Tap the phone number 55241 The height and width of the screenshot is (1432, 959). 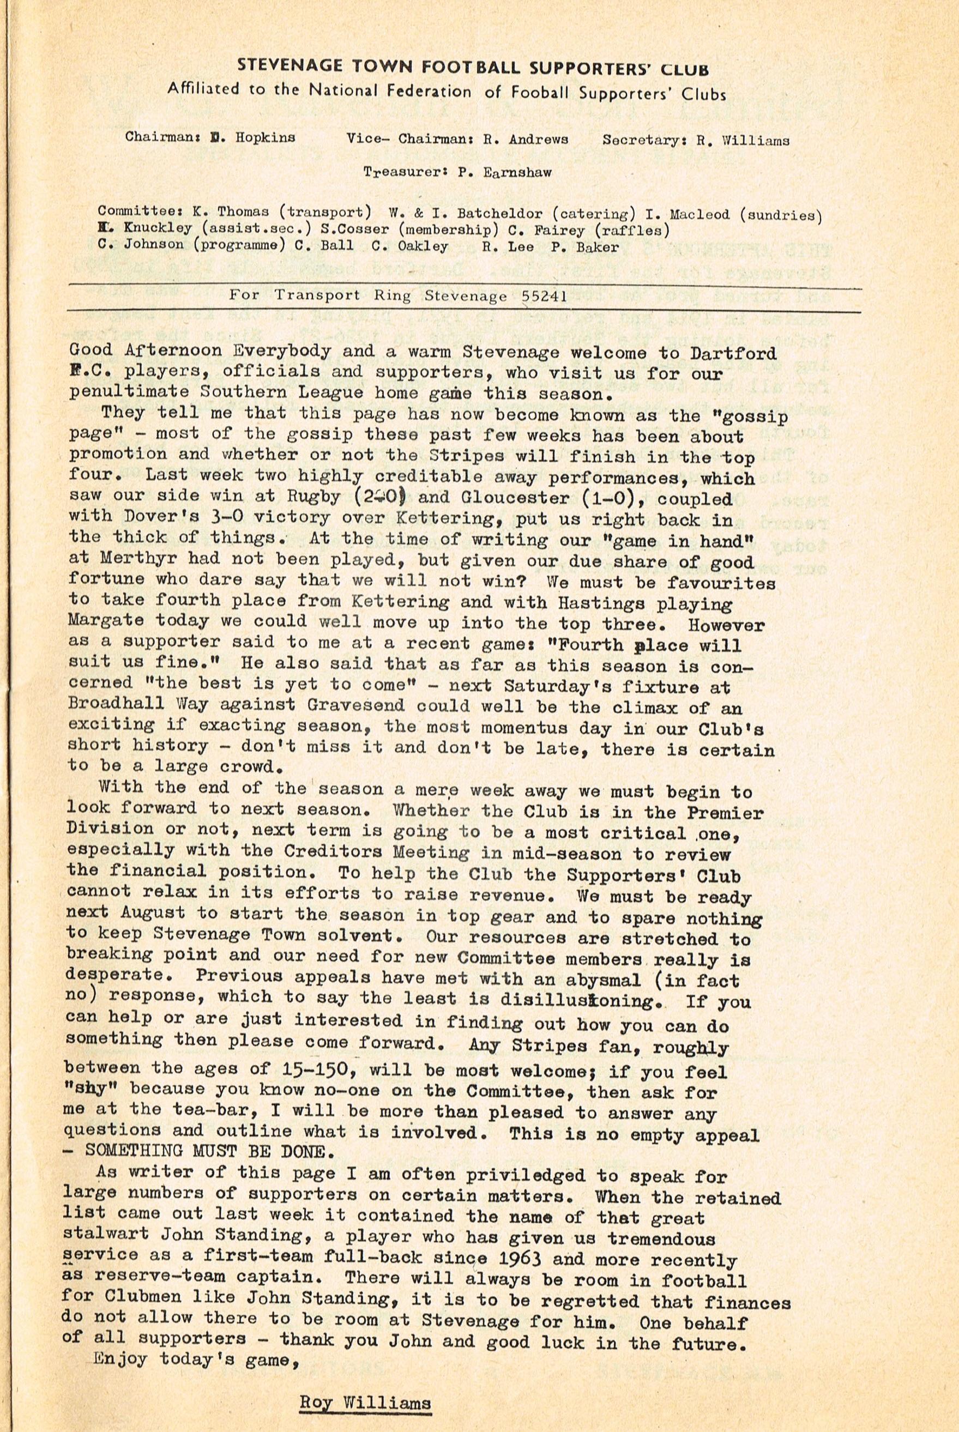click(x=544, y=296)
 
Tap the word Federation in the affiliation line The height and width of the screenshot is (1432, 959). click(x=426, y=91)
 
